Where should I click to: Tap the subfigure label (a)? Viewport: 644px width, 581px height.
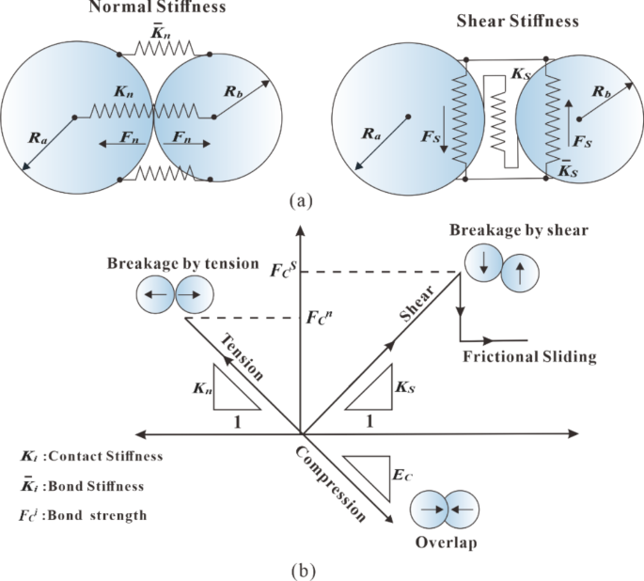[300, 199]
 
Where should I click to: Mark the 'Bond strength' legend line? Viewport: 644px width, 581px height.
[83, 515]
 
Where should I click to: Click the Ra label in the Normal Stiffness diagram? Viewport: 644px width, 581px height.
[38, 137]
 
